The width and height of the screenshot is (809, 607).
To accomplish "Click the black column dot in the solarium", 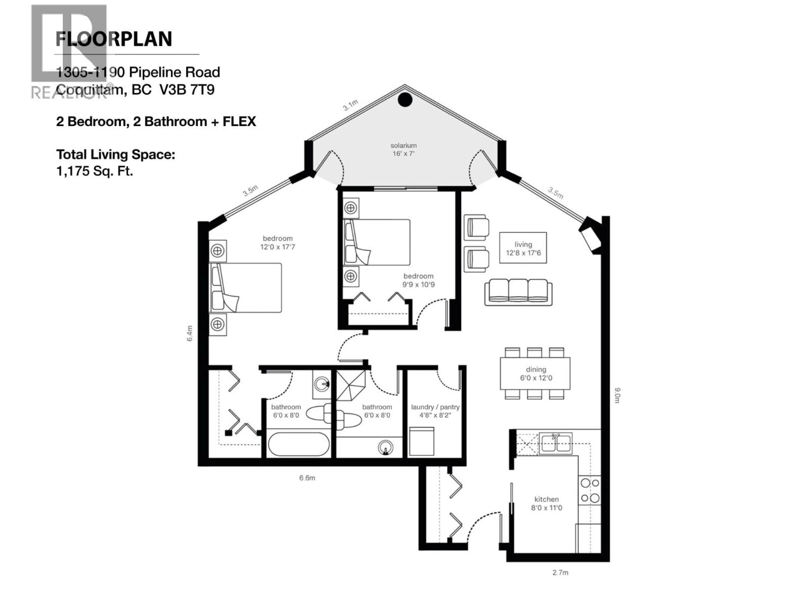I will tap(405, 99).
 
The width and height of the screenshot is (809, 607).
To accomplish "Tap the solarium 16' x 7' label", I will tap(403, 149).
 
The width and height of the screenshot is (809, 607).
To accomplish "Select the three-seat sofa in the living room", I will tap(518, 292).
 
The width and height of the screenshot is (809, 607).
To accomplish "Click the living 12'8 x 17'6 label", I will tap(523, 248).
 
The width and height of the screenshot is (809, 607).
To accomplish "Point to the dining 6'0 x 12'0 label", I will tap(536, 373).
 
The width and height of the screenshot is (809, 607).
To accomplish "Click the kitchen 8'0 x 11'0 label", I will tap(546, 504).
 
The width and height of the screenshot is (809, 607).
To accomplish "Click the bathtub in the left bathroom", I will tap(299, 444).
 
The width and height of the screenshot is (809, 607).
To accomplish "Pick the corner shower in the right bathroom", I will tap(350, 386).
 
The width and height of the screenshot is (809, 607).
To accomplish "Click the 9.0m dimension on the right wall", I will tap(617, 395).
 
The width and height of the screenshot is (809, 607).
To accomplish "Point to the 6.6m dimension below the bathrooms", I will tap(307, 478).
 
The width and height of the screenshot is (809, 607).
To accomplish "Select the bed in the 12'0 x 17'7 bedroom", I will tap(245, 287).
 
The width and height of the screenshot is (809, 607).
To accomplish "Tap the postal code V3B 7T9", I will tap(187, 90).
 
